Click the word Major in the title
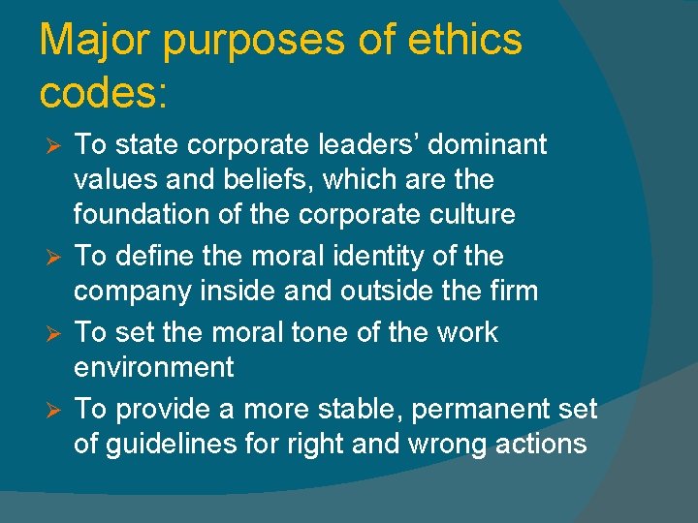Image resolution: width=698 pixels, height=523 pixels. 98,41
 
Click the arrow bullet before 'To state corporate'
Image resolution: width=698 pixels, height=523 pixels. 55,146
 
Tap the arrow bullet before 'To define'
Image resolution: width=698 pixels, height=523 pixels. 55,258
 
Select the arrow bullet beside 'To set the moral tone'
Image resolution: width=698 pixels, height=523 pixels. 55,333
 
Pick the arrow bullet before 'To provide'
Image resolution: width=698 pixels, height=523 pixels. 55,410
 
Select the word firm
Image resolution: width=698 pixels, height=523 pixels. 511,291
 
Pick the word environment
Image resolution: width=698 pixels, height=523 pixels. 154,367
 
